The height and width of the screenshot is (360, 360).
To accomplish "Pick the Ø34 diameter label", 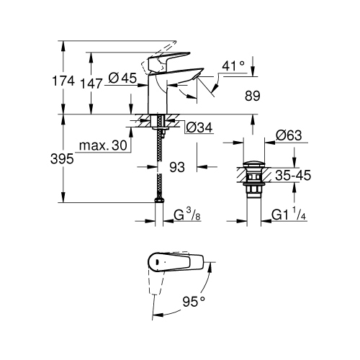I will click(x=198, y=127).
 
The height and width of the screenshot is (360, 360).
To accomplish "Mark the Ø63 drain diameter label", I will click(x=289, y=134).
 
